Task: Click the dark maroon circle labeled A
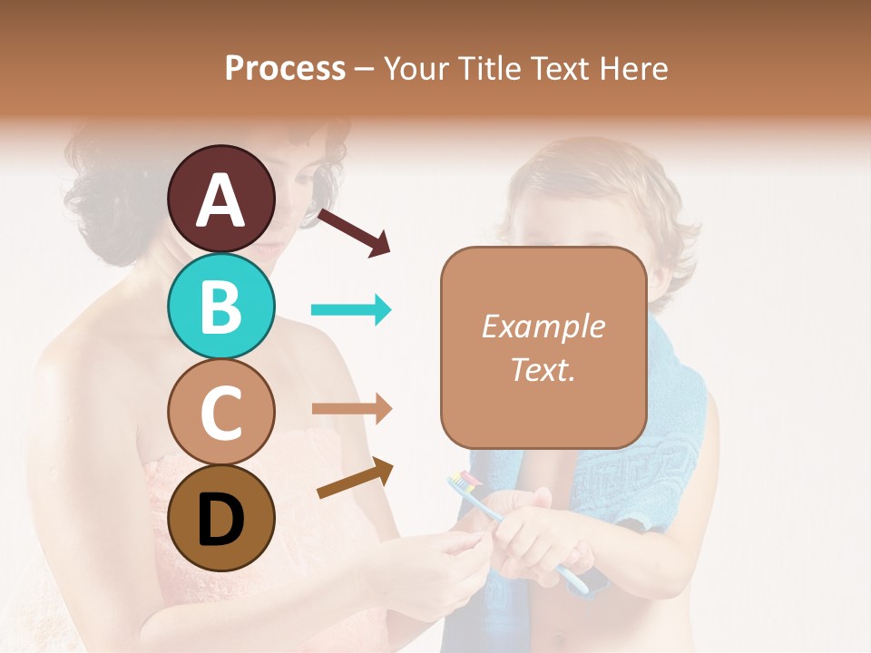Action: click(x=221, y=199)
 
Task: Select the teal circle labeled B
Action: click(x=221, y=307)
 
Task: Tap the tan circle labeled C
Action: click(x=221, y=412)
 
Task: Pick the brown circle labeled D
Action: click(x=221, y=519)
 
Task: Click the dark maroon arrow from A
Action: click(x=354, y=232)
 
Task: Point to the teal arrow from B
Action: click(x=351, y=310)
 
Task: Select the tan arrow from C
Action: click(x=351, y=409)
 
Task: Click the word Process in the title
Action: click(x=285, y=68)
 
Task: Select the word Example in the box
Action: click(x=543, y=326)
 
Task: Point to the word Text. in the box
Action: click(x=543, y=370)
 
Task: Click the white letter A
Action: click(x=221, y=200)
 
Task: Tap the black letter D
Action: click(x=221, y=520)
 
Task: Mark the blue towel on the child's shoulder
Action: click(x=662, y=426)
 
